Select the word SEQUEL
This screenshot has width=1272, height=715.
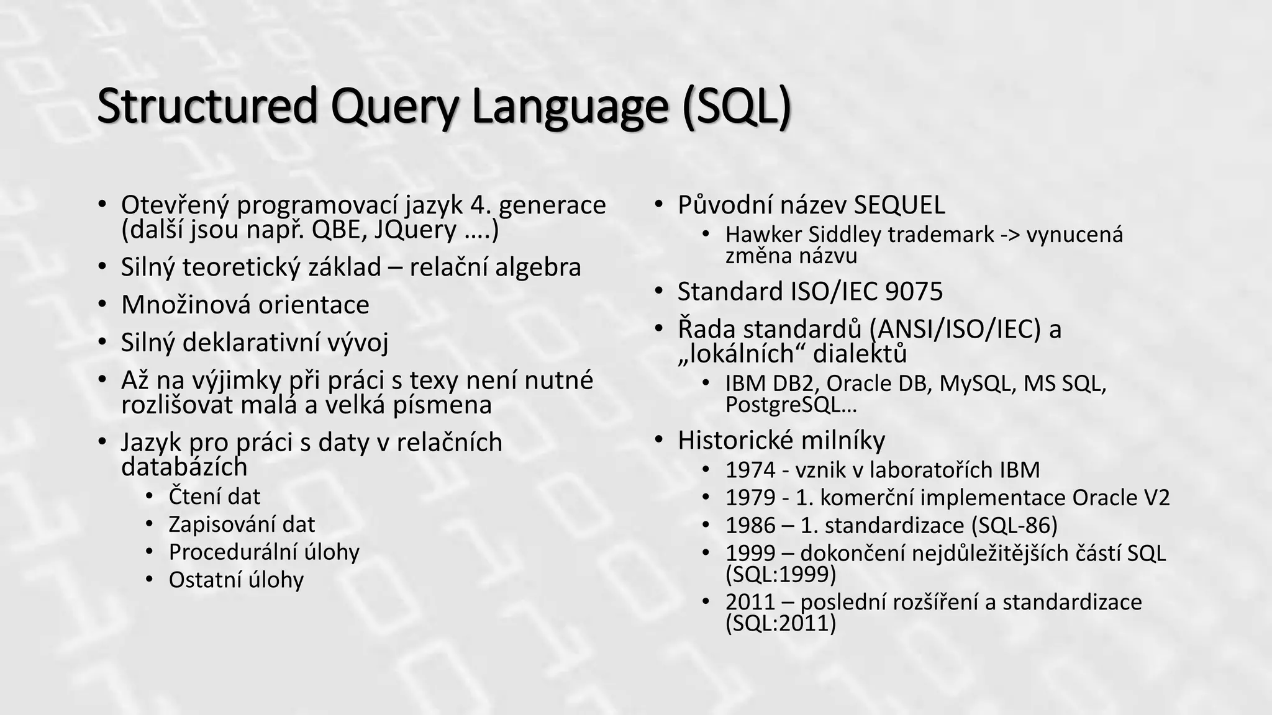[899, 205]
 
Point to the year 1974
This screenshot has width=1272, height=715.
[750, 470]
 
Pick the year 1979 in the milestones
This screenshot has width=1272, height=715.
[750, 498]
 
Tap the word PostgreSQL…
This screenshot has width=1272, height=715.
[791, 405]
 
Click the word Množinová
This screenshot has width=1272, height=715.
[186, 305]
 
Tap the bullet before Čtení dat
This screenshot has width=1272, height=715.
[149, 496]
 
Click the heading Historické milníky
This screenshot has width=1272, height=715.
[781, 440]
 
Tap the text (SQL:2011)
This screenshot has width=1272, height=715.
[780, 623]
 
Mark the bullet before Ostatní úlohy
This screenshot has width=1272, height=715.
[149, 580]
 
